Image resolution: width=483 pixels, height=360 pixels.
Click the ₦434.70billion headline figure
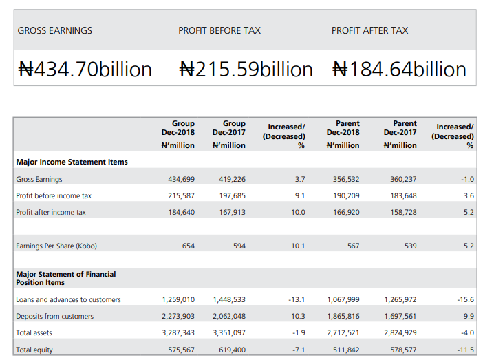[85, 70]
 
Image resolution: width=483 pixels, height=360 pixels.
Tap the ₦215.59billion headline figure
[246, 70]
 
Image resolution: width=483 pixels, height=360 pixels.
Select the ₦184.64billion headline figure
[399, 70]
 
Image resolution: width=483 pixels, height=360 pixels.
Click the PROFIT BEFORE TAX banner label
[219, 30]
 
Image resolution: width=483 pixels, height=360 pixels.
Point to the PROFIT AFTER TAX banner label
[369, 30]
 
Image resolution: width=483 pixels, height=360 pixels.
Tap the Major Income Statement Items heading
[72, 162]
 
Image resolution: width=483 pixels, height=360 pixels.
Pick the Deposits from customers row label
[54, 317]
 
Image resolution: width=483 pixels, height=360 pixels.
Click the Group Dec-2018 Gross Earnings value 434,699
[182, 179]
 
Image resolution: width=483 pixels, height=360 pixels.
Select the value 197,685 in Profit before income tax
[232, 196]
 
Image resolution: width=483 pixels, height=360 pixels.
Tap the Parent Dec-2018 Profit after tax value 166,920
[346, 213]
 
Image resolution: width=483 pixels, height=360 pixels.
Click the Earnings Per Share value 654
[188, 246]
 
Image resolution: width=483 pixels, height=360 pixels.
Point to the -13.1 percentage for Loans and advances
[297, 300]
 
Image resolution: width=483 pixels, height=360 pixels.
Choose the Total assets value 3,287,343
[178, 333]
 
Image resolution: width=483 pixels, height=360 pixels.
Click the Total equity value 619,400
[232, 350]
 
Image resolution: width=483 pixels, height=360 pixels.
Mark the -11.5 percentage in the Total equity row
[466, 350]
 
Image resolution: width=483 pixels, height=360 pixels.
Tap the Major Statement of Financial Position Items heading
[66, 278]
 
